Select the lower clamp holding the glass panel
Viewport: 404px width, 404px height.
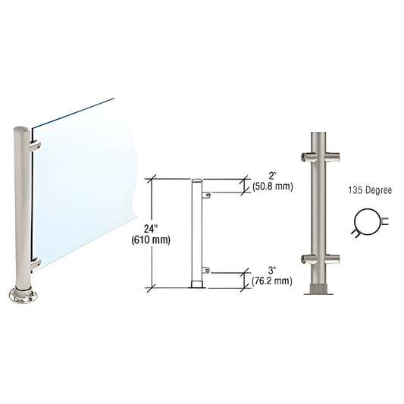click(x=35, y=262)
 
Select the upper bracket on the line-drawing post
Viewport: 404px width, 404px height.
click(x=206, y=196)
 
